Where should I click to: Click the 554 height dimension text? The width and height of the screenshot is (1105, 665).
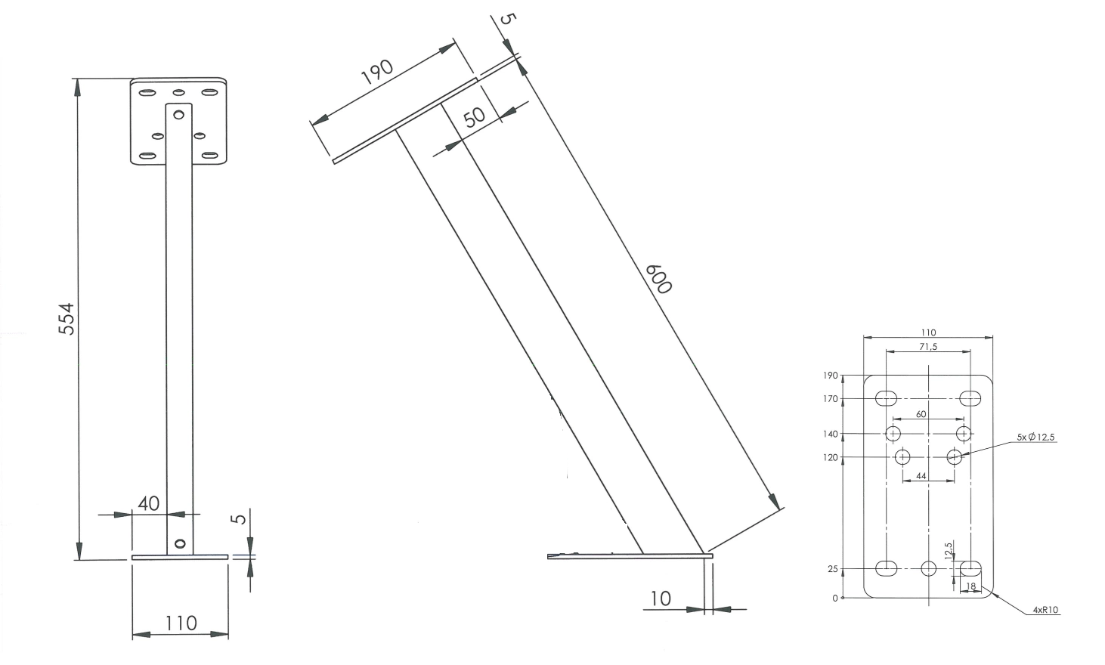click(66, 319)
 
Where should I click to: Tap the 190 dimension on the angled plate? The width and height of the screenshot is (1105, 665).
click(377, 72)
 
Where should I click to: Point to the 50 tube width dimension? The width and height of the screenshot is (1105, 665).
click(475, 117)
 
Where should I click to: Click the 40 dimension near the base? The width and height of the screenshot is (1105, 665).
click(148, 504)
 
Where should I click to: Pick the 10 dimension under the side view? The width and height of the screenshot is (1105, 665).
click(661, 599)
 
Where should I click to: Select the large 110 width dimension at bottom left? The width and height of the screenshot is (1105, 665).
click(181, 623)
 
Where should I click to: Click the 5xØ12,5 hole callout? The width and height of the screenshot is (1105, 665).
click(1036, 437)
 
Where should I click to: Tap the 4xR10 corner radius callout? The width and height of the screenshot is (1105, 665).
click(1046, 610)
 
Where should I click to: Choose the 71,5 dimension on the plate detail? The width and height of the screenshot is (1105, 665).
click(928, 347)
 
